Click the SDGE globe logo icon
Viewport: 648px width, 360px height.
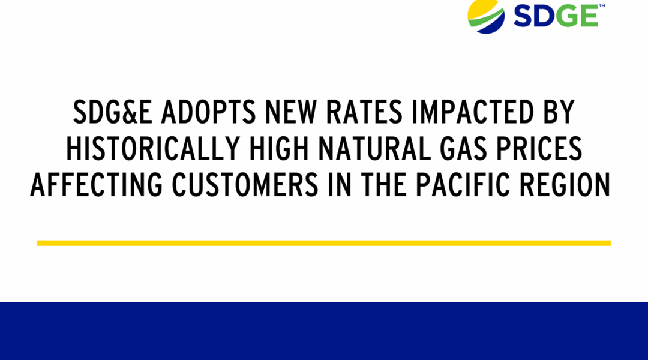(486, 17)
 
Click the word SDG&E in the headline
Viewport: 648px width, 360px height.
(113, 112)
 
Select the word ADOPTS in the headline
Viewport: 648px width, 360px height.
(208, 112)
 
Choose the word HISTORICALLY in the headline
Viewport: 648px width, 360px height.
(154, 148)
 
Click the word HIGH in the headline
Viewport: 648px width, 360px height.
(280, 148)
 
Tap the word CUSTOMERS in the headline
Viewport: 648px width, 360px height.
(245, 185)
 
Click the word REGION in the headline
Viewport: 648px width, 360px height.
(565, 185)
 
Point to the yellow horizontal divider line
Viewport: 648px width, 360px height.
(324, 243)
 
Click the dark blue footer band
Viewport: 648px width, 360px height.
(324, 331)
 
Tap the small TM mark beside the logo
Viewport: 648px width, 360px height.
(602, 6)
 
